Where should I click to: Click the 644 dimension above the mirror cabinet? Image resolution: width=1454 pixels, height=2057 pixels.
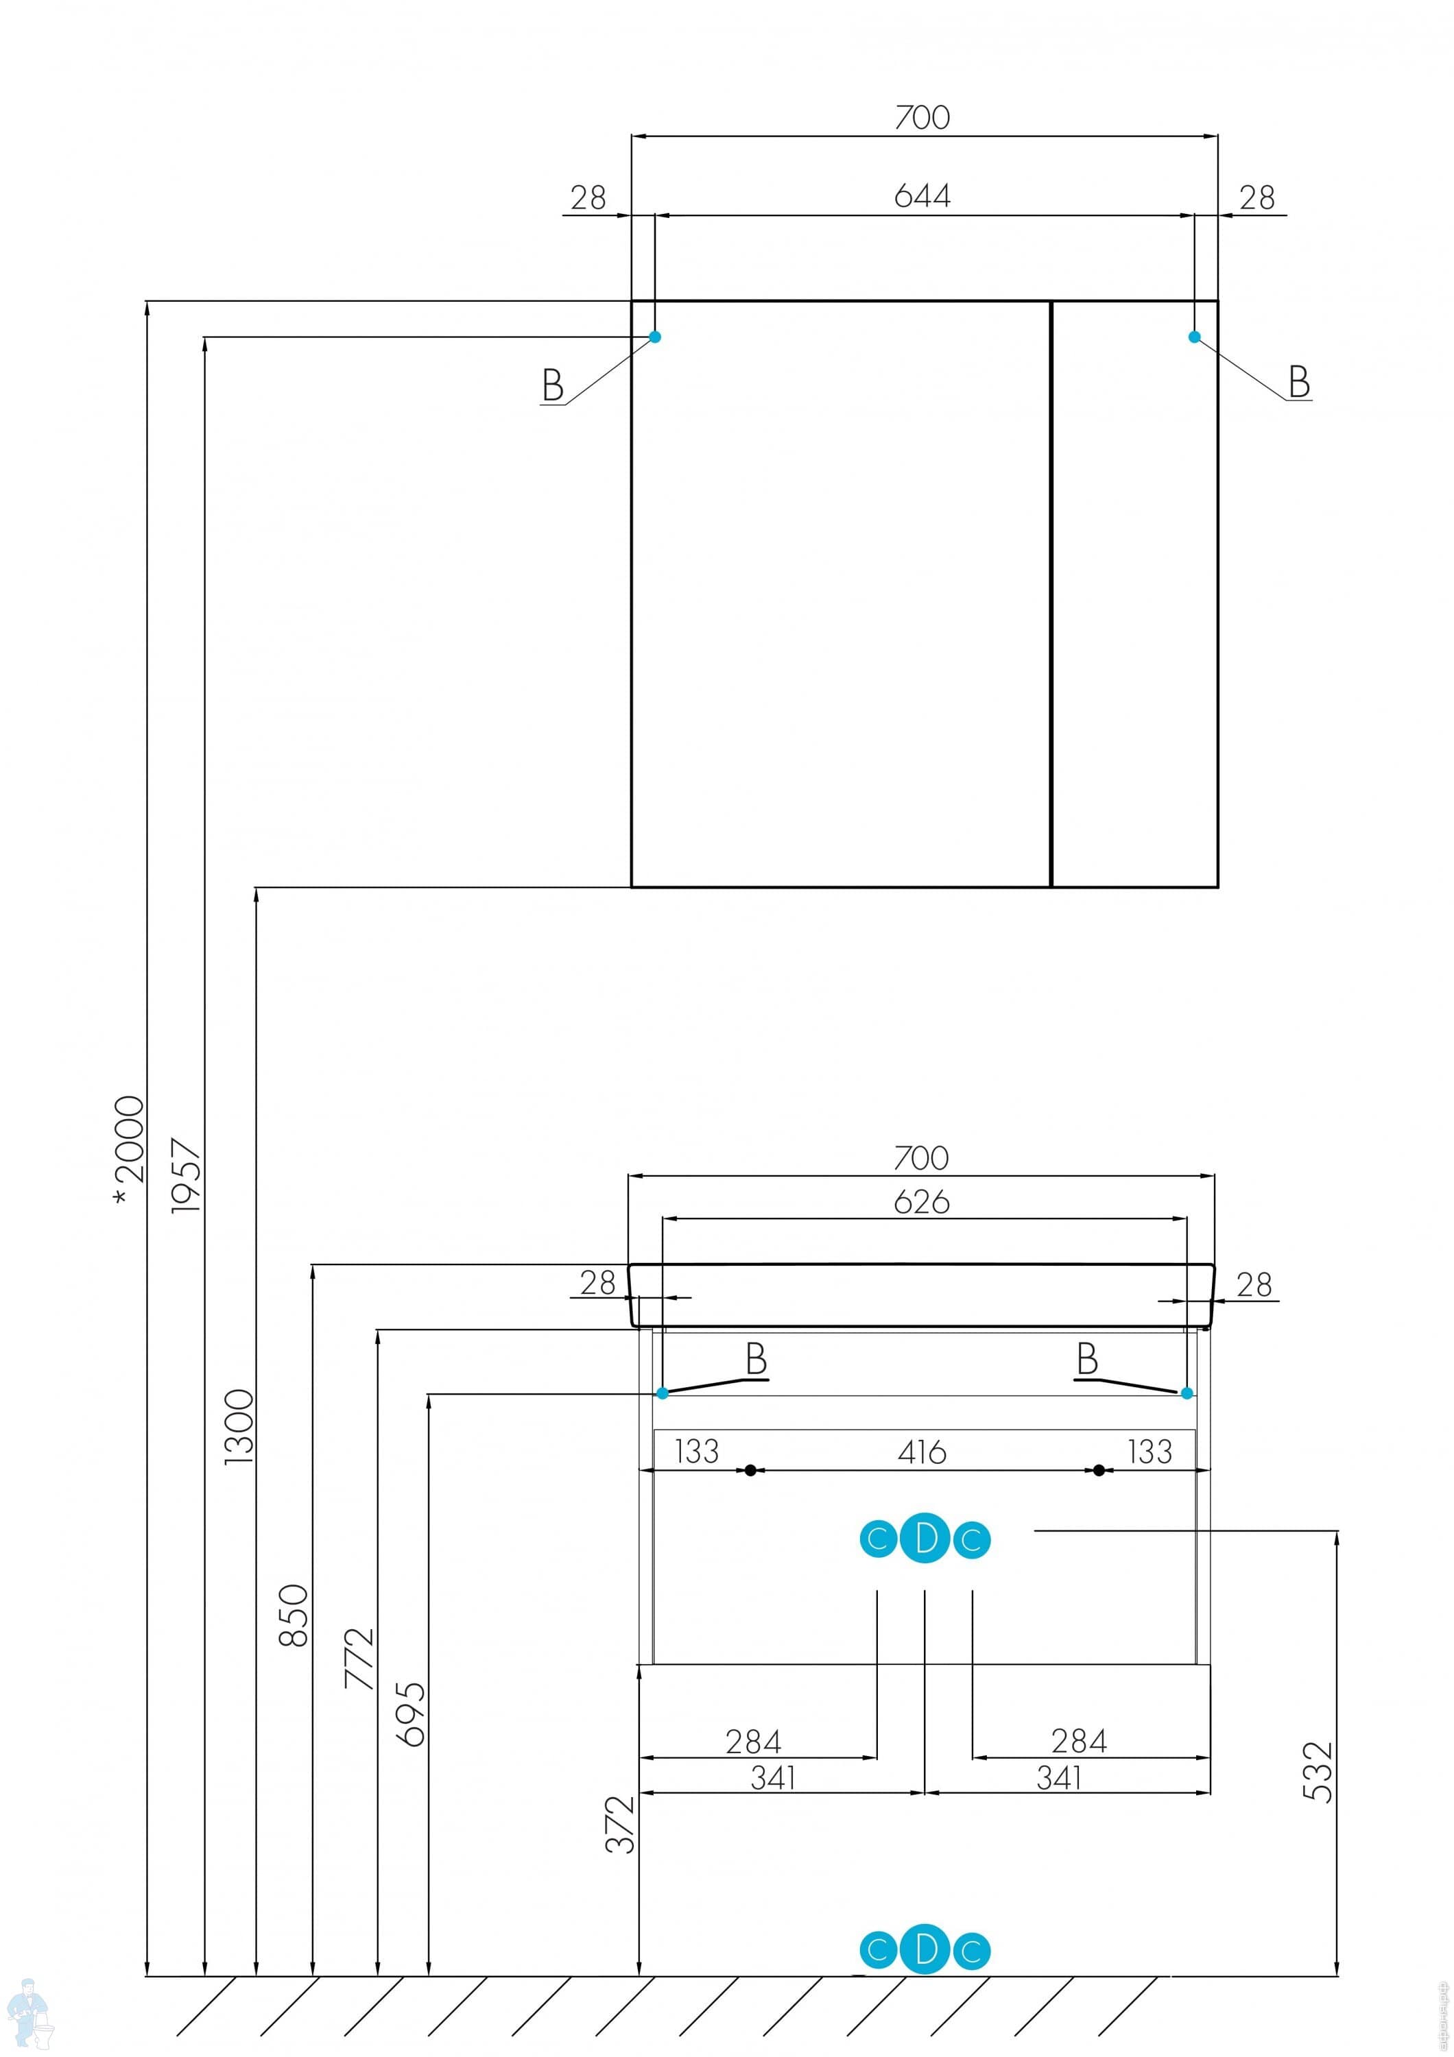(922, 196)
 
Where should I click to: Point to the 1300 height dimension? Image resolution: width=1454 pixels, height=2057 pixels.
(239, 1426)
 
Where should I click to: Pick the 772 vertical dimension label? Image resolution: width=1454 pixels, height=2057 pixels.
(360, 1659)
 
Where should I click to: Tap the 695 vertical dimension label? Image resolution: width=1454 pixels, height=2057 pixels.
(412, 1714)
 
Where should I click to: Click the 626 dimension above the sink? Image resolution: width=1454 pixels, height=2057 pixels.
(921, 1202)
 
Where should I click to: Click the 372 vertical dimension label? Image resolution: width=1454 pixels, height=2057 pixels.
(620, 1824)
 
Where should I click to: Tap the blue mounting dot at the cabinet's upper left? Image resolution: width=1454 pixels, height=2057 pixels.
(655, 337)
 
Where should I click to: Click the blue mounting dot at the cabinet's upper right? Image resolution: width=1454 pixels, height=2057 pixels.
(1193, 337)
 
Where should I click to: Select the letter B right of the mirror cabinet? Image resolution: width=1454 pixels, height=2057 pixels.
(1299, 382)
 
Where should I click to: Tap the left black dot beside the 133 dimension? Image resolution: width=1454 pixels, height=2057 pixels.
(751, 1470)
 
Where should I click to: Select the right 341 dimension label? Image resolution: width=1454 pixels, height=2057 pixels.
(1059, 1777)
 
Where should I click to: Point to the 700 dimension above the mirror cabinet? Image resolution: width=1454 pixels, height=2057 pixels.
(922, 117)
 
